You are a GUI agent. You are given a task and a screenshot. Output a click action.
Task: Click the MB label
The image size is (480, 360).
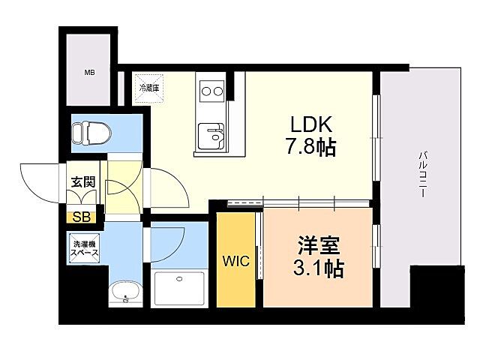coord(89,73)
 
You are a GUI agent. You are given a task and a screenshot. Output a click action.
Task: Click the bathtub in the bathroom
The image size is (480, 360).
coord(181,289)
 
